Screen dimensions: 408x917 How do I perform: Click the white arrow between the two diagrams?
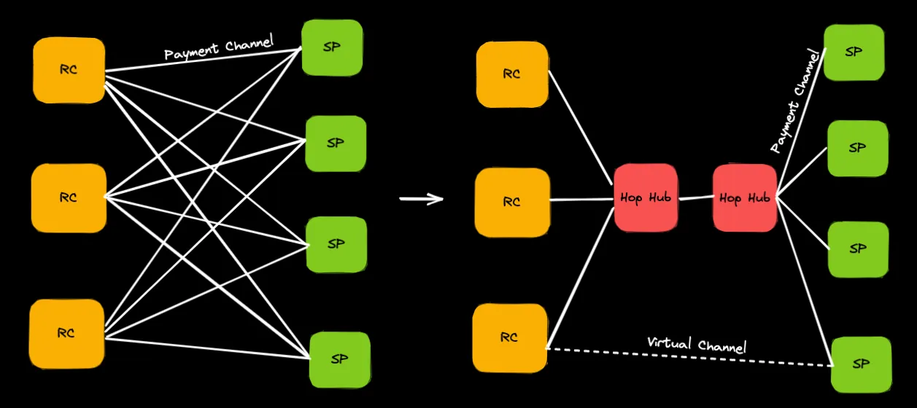point(422,199)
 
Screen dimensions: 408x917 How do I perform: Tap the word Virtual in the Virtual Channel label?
point(670,342)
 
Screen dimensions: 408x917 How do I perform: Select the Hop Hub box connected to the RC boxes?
point(646,198)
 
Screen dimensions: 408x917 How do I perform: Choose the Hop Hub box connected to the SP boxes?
point(744,198)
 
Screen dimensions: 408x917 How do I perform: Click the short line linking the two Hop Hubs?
point(695,197)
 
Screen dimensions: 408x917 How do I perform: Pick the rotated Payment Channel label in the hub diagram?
point(795,101)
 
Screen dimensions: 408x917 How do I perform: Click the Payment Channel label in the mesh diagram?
point(219,48)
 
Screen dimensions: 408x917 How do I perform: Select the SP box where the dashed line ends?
point(862,364)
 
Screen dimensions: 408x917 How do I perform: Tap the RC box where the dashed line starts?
point(509,337)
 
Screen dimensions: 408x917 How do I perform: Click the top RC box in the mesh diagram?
point(69,70)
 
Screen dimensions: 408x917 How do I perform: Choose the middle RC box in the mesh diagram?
point(69,197)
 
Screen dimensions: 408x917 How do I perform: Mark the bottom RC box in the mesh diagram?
point(66,334)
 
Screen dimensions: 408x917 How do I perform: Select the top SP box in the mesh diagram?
point(332,47)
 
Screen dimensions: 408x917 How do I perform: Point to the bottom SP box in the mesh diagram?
point(339,359)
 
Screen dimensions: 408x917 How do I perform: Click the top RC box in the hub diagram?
point(511,74)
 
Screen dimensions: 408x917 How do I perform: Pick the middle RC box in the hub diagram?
point(511,202)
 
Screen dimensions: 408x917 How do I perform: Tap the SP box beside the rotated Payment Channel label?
point(854,52)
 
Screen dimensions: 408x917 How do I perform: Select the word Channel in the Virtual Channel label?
point(722,345)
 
